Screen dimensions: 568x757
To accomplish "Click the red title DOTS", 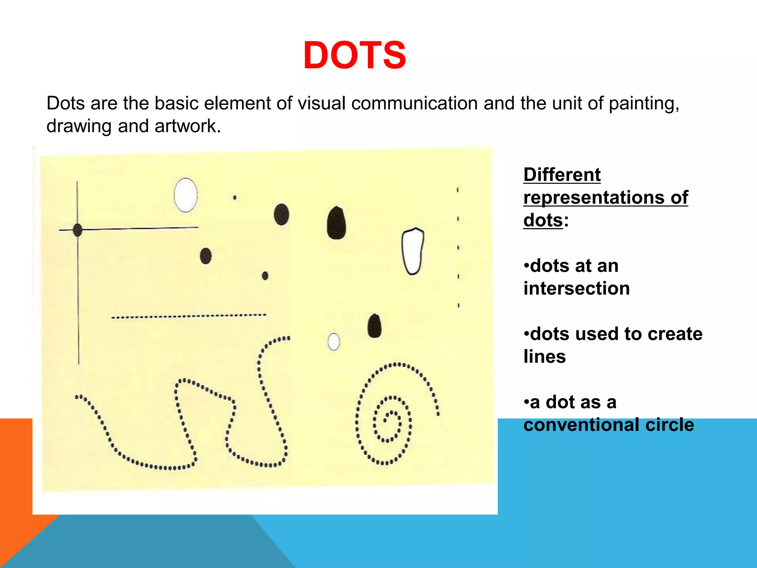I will click(x=354, y=55).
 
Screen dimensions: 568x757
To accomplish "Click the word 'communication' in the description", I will click(x=414, y=103).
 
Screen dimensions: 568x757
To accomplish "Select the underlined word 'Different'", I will click(x=562, y=175).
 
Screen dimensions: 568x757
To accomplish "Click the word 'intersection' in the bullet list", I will click(x=577, y=288).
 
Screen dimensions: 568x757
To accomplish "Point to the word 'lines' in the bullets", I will click(x=544, y=357).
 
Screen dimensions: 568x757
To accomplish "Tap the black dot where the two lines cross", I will click(x=78, y=230).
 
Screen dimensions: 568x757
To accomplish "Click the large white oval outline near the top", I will click(x=186, y=195).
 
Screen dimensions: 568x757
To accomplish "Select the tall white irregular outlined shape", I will click(x=412, y=251).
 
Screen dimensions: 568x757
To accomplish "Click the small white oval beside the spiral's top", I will click(x=333, y=342).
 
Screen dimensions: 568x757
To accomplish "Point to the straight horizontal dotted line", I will click(x=189, y=316).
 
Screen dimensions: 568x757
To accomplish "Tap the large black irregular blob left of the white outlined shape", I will click(x=336, y=223).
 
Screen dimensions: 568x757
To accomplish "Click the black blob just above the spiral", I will click(x=374, y=326).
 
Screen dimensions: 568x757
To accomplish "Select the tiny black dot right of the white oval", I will click(x=235, y=197).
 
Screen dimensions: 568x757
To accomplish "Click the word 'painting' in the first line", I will click(x=643, y=103).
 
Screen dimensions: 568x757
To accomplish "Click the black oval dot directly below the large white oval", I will click(x=206, y=256).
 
